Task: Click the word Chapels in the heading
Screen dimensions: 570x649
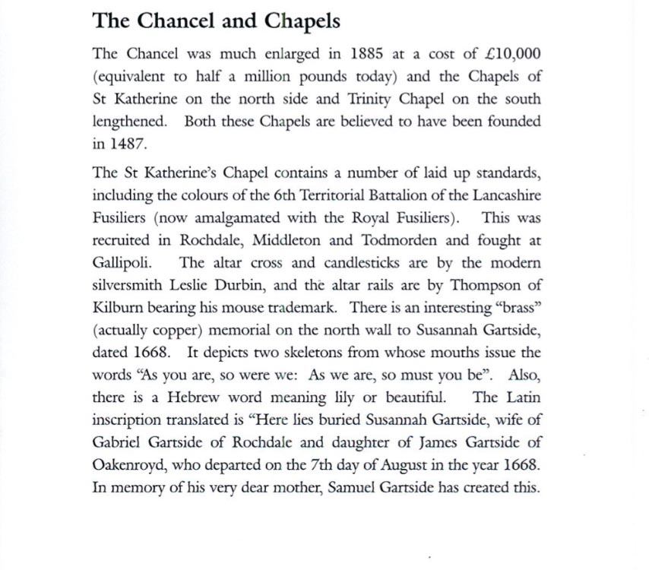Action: coord(302,21)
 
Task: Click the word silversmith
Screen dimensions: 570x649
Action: coord(127,285)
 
